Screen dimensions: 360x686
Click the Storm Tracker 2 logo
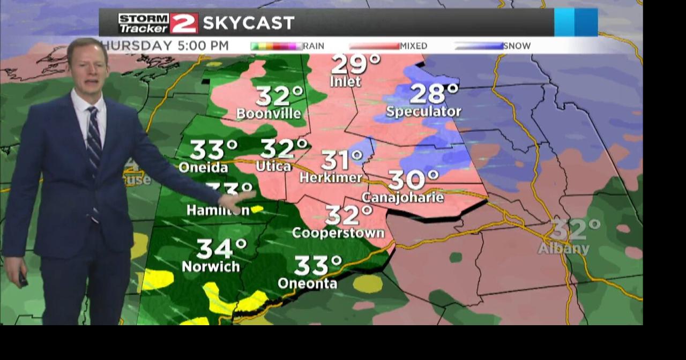click(158, 23)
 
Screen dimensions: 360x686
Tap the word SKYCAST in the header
click(249, 23)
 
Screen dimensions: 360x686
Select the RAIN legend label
click(314, 46)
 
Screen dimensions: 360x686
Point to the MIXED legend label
click(413, 46)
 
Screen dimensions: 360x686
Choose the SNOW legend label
click(517, 46)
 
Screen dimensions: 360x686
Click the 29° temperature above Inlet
click(355, 64)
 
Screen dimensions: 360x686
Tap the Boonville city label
click(269, 114)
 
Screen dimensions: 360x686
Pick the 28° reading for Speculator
click(434, 94)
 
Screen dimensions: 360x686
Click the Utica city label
click(273, 166)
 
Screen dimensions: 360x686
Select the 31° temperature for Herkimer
click(342, 160)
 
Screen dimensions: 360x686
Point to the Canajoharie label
click(402, 197)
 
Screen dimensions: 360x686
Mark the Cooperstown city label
click(338, 232)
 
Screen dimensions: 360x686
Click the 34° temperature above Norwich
click(221, 249)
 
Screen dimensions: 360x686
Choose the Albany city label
click(563, 249)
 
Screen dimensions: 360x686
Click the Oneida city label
click(203, 167)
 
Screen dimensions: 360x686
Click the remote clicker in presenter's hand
click(23, 279)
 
